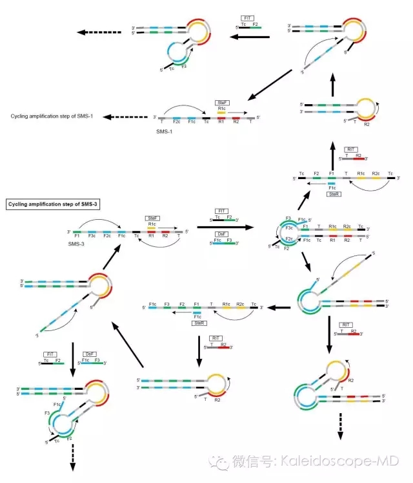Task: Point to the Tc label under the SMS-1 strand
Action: [x=206, y=123]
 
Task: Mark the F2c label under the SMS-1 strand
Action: [x=177, y=123]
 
